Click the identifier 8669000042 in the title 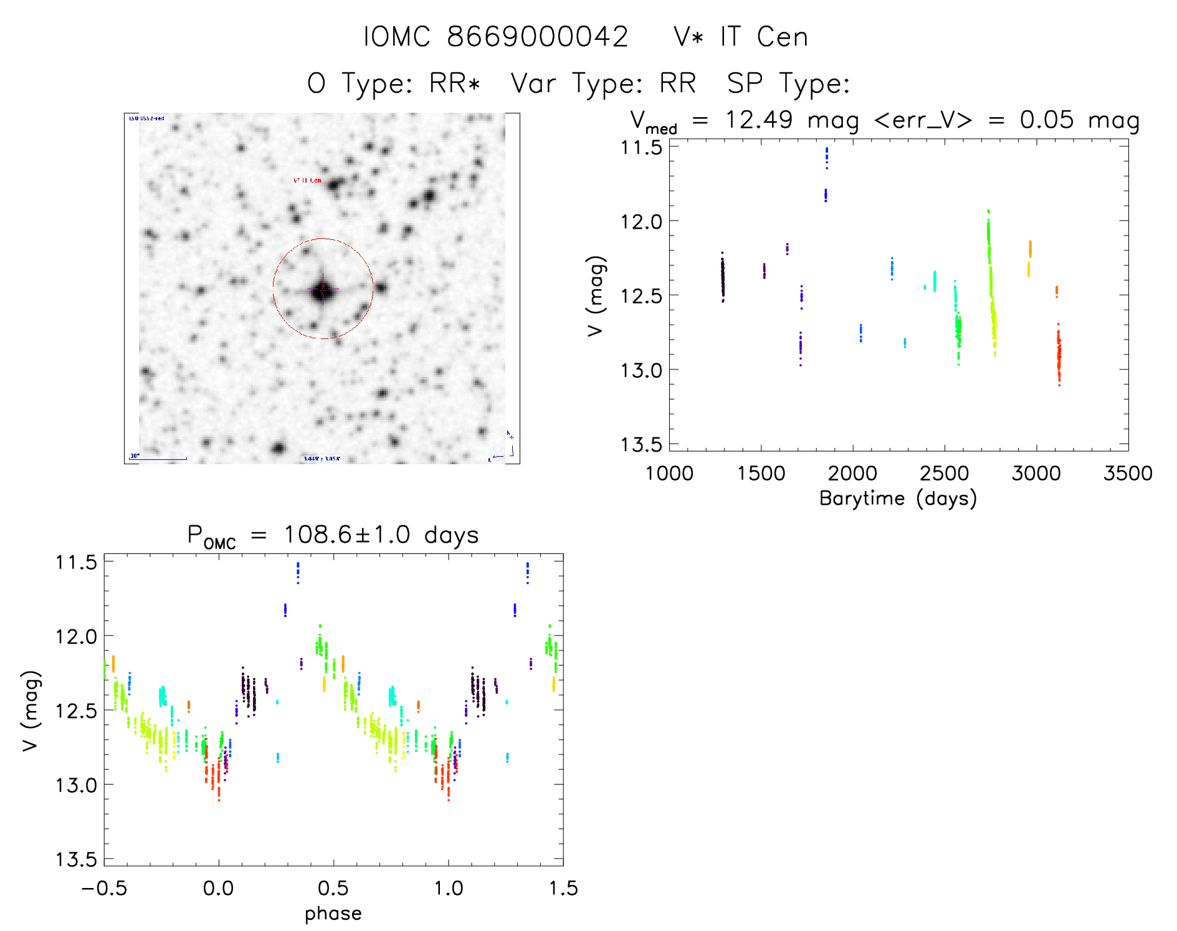click(537, 37)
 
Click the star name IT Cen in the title click(764, 37)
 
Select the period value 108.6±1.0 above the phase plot click(346, 535)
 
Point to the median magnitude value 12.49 click(758, 120)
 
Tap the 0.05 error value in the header click(1047, 120)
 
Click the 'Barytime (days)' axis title click(898, 499)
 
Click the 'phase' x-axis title click(333, 914)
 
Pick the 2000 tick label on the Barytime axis click(852, 474)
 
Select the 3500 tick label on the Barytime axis click(1128, 474)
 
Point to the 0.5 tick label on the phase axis click(333, 888)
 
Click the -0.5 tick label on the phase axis click(104, 888)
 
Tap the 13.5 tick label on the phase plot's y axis click(76, 859)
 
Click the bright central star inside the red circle click(322, 289)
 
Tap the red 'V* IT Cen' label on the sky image click(307, 180)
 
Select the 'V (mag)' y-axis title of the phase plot click(31, 711)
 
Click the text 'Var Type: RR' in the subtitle click(603, 83)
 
